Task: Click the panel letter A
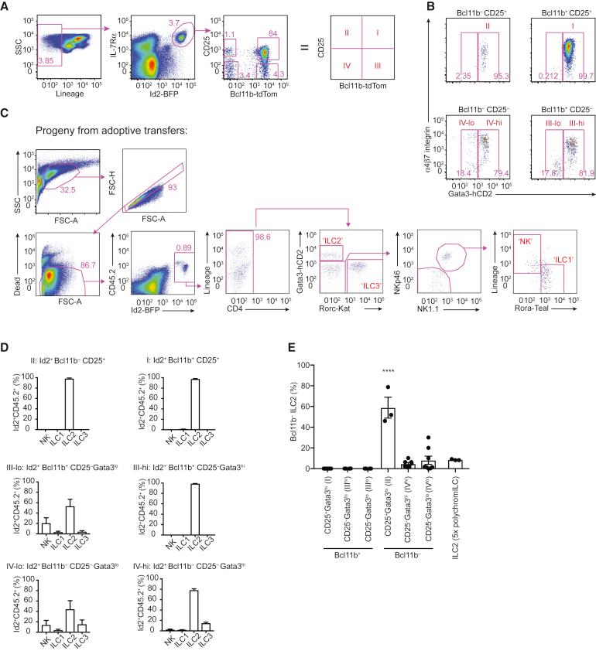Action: point(5,6)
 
